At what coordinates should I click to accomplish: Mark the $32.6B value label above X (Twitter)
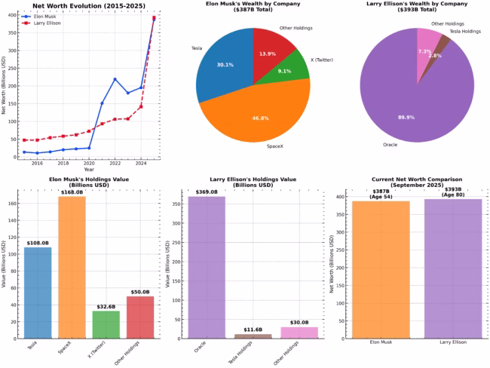[106, 306]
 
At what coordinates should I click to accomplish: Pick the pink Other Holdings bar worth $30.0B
[299, 333]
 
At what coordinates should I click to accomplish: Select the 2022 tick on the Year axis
[115, 163]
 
